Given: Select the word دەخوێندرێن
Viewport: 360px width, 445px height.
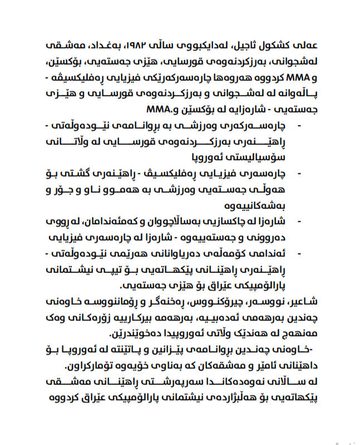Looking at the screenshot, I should point(137,334).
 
